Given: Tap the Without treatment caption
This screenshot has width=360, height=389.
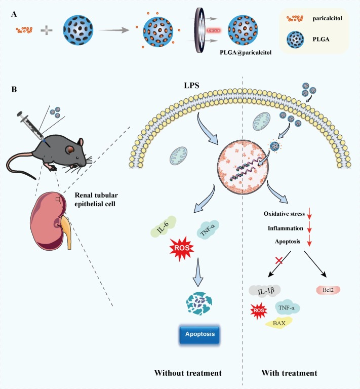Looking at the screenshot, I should (x=189, y=373).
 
